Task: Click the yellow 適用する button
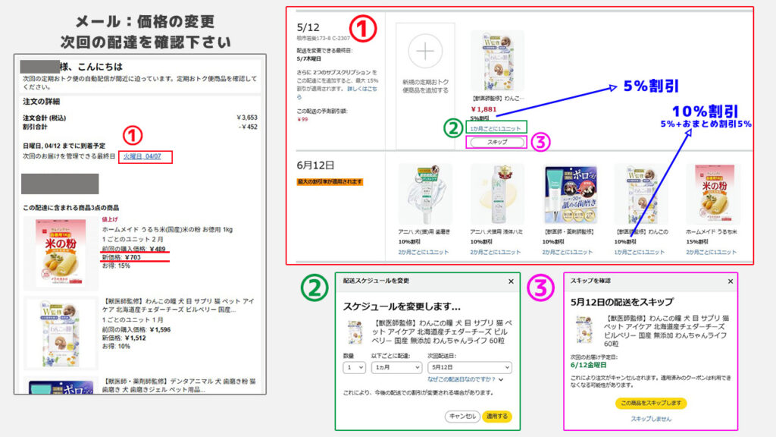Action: tap(497, 416)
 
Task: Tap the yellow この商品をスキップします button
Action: tap(650, 403)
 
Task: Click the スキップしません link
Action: tap(650, 419)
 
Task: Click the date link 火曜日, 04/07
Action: tap(144, 156)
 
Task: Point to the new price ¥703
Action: tap(131, 257)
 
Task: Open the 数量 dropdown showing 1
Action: tap(355, 367)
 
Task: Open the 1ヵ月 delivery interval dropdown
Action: tap(396, 367)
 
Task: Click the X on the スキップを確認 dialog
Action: tap(730, 281)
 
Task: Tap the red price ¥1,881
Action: tap(485, 108)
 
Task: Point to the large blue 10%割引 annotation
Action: tap(702, 111)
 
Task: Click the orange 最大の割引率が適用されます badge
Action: tap(330, 182)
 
